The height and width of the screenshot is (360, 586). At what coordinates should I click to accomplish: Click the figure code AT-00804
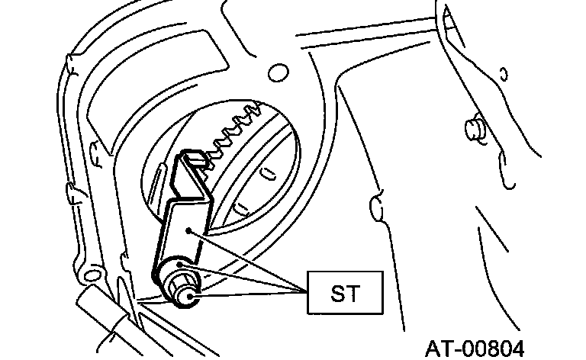[475, 348]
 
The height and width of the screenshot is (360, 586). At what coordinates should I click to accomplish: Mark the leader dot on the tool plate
[188, 231]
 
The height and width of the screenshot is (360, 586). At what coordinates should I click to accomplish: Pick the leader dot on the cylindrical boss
[179, 265]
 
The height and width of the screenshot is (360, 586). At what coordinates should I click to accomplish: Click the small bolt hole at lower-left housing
[95, 272]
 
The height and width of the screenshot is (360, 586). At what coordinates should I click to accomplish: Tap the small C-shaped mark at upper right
[503, 75]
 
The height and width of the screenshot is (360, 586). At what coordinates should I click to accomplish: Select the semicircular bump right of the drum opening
[374, 206]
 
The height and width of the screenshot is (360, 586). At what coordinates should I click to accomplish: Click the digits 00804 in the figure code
[494, 348]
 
